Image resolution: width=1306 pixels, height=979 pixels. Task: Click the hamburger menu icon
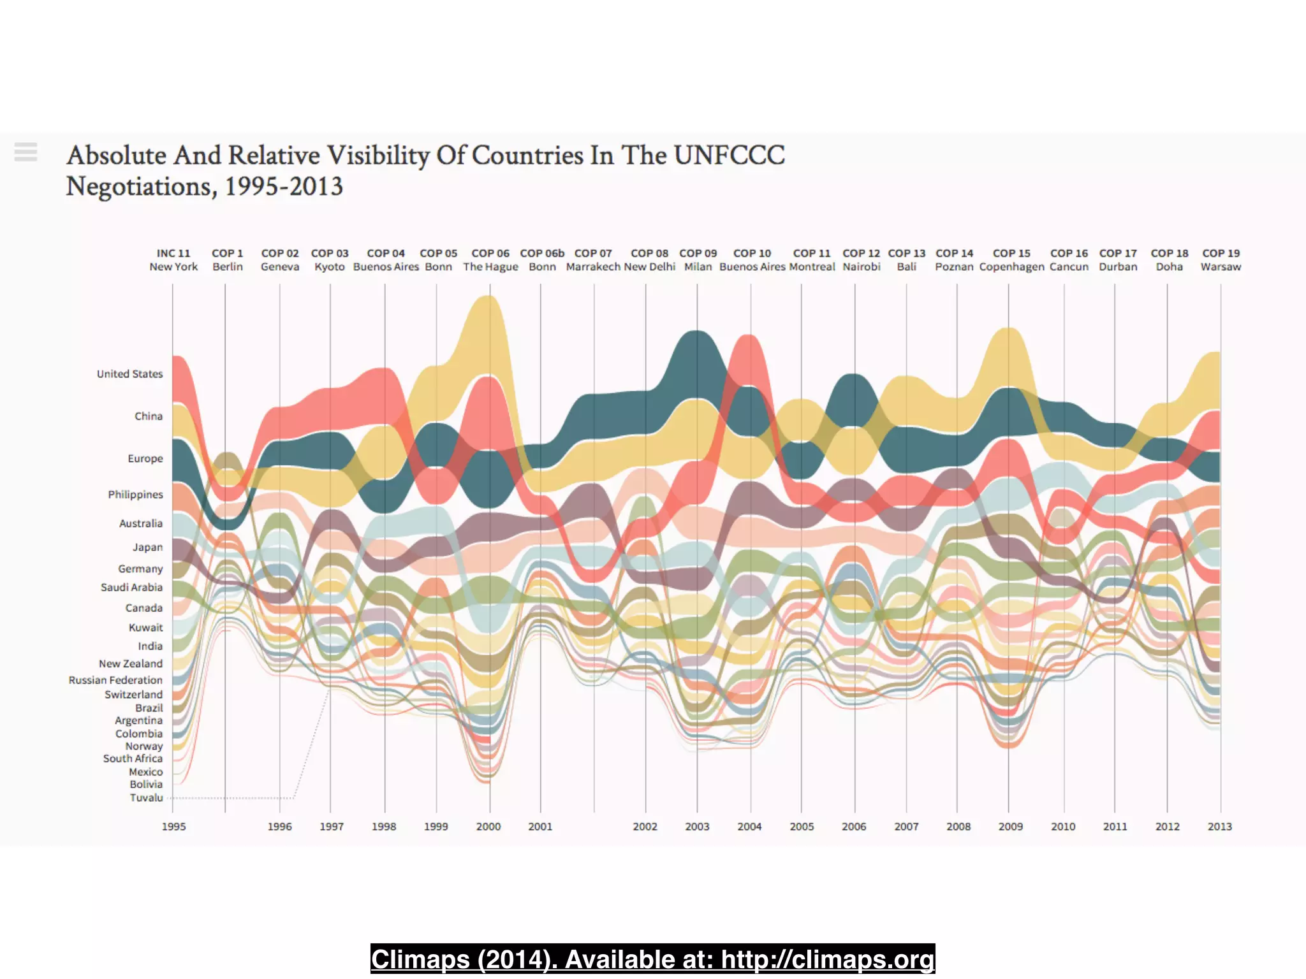click(x=26, y=152)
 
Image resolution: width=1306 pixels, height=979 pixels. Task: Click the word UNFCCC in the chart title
click(x=729, y=156)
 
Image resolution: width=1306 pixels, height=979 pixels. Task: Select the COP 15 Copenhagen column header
click(x=1011, y=260)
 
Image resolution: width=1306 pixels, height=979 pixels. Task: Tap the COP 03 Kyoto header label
click(x=330, y=260)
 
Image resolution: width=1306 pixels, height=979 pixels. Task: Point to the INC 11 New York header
click(x=173, y=260)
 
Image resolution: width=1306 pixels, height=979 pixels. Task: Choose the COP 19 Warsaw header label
click(x=1221, y=260)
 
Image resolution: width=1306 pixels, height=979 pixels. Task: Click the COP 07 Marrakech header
click(x=593, y=260)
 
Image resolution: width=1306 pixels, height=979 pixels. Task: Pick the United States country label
click(x=129, y=374)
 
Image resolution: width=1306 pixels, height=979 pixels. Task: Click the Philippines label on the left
click(x=135, y=495)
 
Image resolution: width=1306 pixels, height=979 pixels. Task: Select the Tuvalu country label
click(x=146, y=798)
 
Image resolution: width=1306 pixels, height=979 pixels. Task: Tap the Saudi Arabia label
click(x=131, y=588)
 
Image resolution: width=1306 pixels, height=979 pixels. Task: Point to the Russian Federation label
click(x=115, y=681)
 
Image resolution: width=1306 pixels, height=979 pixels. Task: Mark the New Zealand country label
click(x=130, y=664)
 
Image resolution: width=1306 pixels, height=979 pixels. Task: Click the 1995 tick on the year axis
click(x=173, y=827)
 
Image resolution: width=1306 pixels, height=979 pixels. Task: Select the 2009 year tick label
click(x=1010, y=827)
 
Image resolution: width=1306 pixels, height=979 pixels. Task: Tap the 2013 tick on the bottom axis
click(x=1219, y=827)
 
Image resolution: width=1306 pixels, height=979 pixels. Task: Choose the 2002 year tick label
click(x=645, y=827)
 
